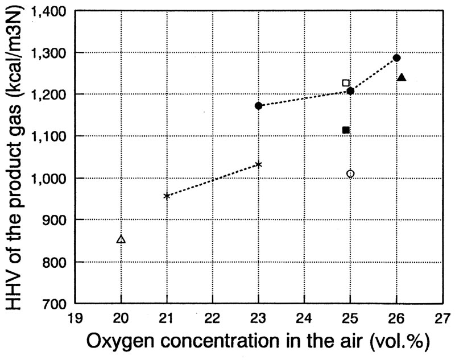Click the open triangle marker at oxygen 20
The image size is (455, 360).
point(121,239)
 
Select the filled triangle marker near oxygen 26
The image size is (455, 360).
point(401,77)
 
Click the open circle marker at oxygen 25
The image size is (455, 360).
point(350,173)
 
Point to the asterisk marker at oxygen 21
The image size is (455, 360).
point(167,196)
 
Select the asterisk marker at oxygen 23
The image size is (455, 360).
point(259,164)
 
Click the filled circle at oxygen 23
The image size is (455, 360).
point(259,106)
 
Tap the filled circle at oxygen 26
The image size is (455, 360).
point(397,58)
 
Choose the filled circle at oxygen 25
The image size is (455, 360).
point(350,91)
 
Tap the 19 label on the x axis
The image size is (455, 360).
point(75,317)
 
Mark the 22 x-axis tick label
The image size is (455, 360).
point(213,317)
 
